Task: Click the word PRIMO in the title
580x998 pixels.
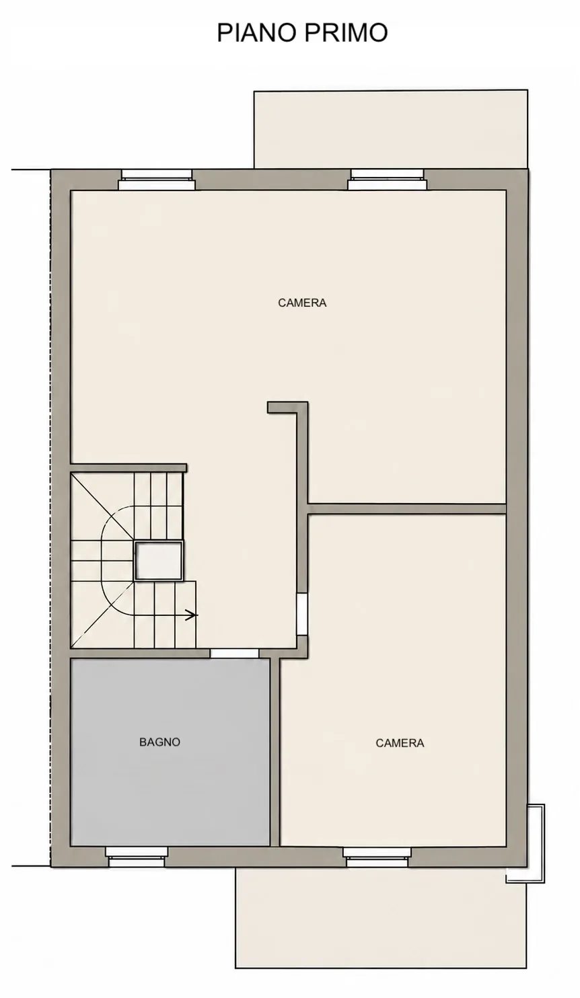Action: click(x=343, y=32)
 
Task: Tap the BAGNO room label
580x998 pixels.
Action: click(x=159, y=742)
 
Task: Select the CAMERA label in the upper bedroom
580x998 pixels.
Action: click(x=302, y=303)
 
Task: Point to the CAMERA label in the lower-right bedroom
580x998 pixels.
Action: click(x=400, y=743)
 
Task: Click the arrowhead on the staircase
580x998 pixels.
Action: click(x=192, y=615)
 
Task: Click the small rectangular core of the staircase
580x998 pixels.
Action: click(x=158, y=561)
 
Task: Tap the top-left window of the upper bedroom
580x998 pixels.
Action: click(x=157, y=180)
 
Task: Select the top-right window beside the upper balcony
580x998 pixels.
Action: click(x=387, y=180)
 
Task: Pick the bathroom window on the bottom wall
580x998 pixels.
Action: click(x=137, y=857)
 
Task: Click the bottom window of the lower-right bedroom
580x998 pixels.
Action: click(x=377, y=857)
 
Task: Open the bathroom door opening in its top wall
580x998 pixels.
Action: click(x=235, y=654)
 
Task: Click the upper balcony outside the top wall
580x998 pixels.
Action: click(x=391, y=129)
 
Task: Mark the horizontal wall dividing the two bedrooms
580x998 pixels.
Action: click(x=406, y=509)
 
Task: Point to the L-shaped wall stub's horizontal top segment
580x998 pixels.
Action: click(x=287, y=408)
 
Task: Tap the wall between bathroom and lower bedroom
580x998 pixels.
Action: click(x=275, y=753)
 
